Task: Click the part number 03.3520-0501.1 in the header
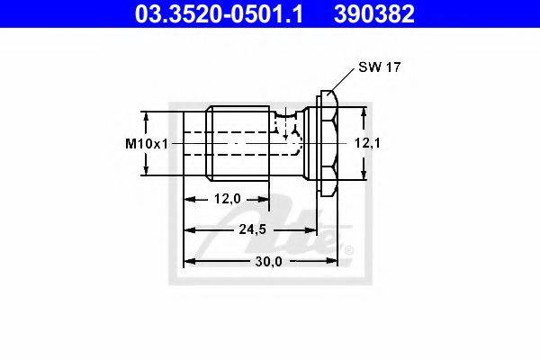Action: pyautogui.click(x=219, y=13)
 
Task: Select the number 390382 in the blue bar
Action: pyautogui.click(x=374, y=13)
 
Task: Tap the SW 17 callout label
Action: pyautogui.click(x=380, y=67)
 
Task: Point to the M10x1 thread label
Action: pyautogui.click(x=147, y=144)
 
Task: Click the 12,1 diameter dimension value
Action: pyautogui.click(x=367, y=143)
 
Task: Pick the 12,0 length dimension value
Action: pyautogui.click(x=228, y=199)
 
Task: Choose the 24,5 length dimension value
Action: pyautogui.click(x=253, y=229)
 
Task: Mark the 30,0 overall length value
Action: pyautogui.click(x=268, y=262)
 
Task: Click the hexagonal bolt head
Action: pyautogui.click(x=328, y=143)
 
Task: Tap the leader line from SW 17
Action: pyautogui.click(x=342, y=80)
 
